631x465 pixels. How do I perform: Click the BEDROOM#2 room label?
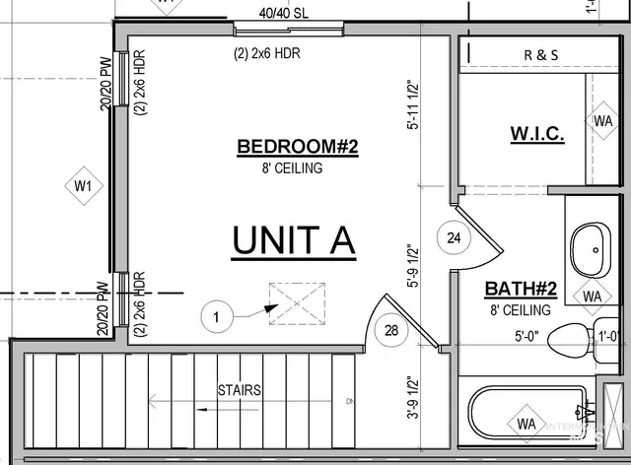point(297,148)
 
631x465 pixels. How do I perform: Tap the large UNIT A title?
point(293,240)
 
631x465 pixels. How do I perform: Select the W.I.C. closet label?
point(536,134)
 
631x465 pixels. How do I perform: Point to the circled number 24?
point(454,237)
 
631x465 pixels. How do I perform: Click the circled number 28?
point(390,329)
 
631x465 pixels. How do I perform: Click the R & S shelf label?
point(540,55)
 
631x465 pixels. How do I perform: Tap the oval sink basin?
point(590,252)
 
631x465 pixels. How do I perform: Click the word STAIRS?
point(240,390)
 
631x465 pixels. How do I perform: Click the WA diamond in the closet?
point(602,120)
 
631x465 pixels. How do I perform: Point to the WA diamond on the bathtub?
point(526,424)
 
